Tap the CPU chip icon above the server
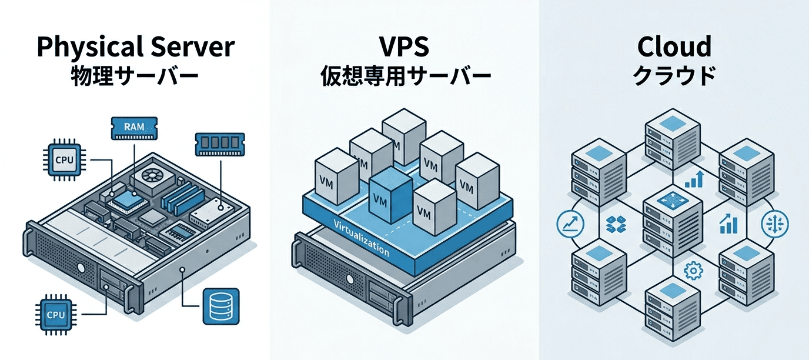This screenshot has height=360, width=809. tap(61, 159)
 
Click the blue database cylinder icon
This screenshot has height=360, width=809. tap(220, 306)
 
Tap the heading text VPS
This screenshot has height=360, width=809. tap(405, 47)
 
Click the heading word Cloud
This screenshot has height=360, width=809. tap(674, 47)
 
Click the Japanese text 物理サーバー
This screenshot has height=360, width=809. tap(135, 77)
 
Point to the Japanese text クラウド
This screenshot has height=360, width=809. tap(674, 77)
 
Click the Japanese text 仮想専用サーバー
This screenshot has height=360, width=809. tap(405, 77)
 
